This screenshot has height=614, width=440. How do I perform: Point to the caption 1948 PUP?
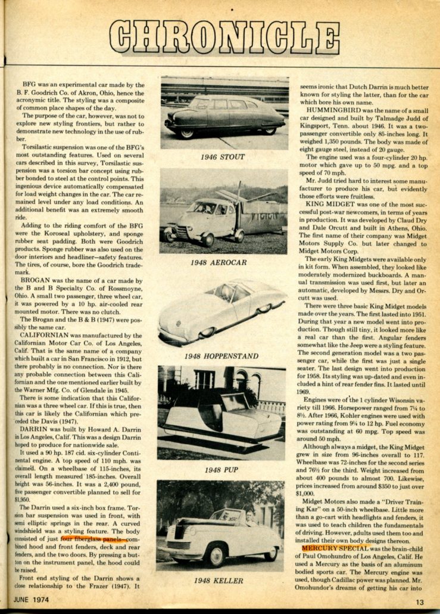click(x=221, y=470)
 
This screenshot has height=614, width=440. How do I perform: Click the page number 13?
click(x=420, y=601)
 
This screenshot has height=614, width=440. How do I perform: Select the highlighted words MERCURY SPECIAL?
click(x=330, y=547)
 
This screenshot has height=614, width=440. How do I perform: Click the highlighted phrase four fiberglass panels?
click(x=91, y=538)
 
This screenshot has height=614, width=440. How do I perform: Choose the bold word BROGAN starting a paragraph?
click(x=38, y=280)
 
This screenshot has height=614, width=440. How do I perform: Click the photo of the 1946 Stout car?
click(x=224, y=113)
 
